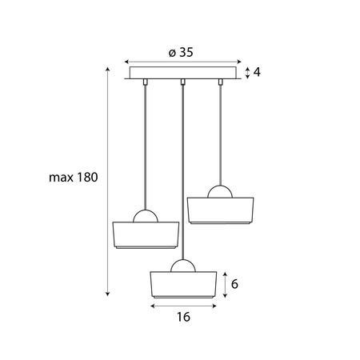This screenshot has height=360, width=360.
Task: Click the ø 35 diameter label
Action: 181,52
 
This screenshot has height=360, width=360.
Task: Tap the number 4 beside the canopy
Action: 257,72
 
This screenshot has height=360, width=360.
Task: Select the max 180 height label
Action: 74,178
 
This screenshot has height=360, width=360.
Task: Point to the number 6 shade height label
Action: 234,284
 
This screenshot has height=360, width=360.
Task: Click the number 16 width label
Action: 183,317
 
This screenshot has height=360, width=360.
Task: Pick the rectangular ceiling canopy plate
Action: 183,73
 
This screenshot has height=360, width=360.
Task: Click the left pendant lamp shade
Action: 146,235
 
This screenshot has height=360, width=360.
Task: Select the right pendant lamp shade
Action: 220,210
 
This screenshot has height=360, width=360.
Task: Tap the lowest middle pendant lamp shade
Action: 183,285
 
